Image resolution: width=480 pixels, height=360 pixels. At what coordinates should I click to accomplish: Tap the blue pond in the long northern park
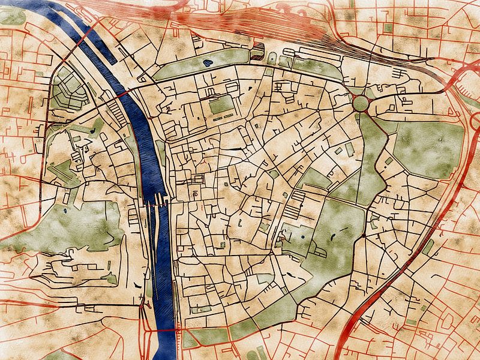coord(208,61)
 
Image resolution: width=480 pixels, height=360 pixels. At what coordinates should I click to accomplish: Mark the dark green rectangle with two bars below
coord(220,106)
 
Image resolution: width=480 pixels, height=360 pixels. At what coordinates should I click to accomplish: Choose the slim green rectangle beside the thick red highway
coord(430,245)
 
